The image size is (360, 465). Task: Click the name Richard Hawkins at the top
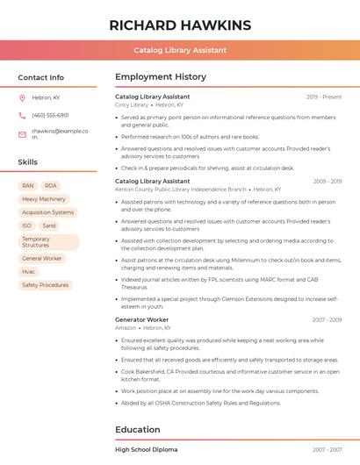180,25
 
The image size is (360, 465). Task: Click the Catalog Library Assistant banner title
180,51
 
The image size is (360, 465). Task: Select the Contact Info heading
41,77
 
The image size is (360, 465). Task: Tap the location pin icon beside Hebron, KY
22,97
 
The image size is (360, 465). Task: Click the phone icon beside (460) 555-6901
22,115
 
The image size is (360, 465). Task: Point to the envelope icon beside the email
22,133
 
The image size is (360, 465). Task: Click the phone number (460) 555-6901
50,115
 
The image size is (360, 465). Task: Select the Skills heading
28,162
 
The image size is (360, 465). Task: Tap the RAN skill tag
28,186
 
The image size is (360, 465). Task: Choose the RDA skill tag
51,186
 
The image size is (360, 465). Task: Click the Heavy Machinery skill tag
44,199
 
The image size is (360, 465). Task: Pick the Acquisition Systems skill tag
48,212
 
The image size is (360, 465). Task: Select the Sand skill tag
49,225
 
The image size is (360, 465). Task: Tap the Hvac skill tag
29,272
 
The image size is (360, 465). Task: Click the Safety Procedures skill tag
45,285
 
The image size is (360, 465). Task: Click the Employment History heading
161,77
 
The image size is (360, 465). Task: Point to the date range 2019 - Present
324,97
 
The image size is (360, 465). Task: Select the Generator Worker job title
142,320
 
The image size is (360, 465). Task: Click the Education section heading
139,430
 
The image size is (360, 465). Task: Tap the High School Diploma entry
146,449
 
